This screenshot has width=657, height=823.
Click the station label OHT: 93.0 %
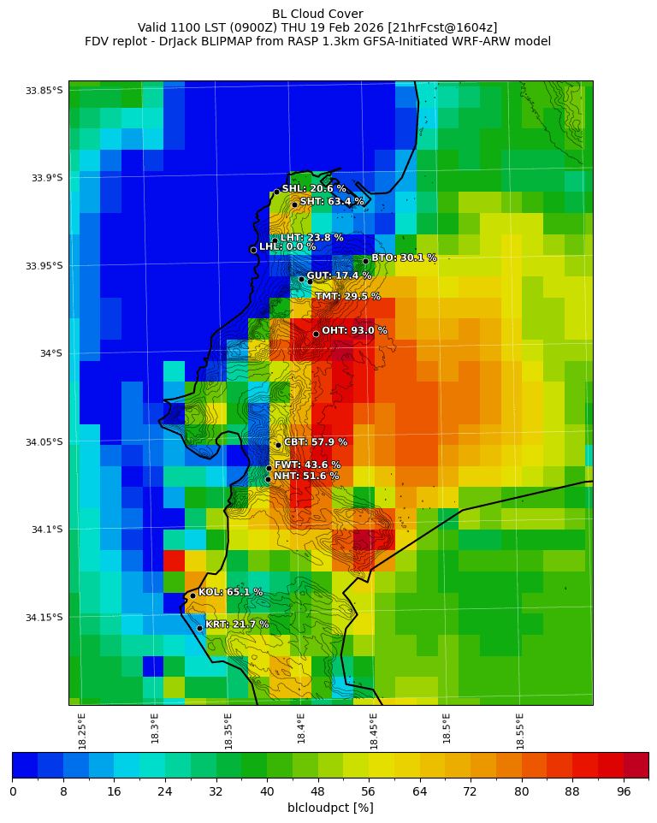click(354, 331)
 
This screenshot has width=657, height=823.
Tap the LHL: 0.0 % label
click(287, 247)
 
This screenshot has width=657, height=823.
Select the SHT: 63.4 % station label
click(332, 202)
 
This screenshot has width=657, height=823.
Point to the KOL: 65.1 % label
click(230, 592)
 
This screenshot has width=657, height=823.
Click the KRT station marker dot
click(199, 628)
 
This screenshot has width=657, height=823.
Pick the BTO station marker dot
click(365, 261)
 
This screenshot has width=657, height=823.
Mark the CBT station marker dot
click(278, 445)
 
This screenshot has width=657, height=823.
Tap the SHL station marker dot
click(276, 192)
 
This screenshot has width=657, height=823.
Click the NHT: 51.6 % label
click(306, 476)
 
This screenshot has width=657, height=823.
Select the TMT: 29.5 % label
click(347, 297)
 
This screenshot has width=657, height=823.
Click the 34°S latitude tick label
click(45, 354)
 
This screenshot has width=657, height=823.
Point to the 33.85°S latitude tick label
click(44, 91)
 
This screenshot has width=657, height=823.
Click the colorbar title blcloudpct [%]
click(330, 808)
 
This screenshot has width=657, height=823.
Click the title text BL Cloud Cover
click(317, 14)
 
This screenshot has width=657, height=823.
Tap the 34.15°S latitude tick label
click(44, 618)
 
